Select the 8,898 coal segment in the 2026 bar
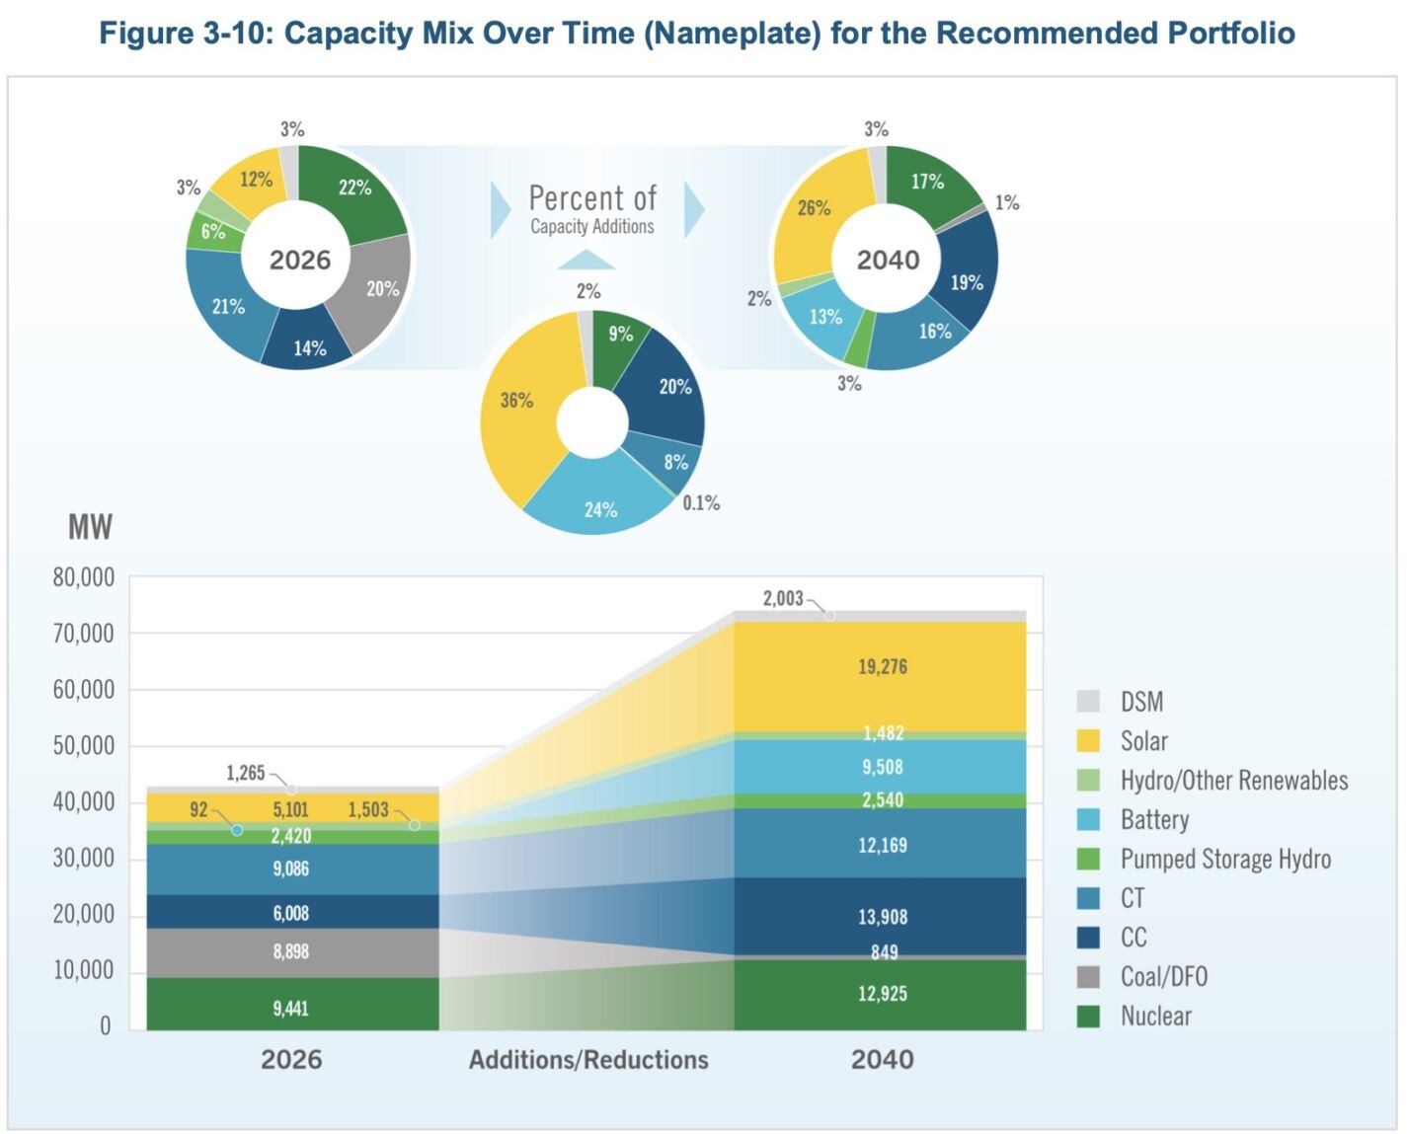pyautogui.click(x=291, y=951)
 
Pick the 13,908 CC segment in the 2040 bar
pyautogui.click(x=882, y=917)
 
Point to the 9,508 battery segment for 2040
pyautogui.click(x=882, y=767)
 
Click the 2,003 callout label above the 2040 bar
pyautogui.click(x=783, y=598)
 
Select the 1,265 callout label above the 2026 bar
pyautogui.click(x=246, y=773)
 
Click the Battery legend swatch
pyautogui.click(x=1088, y=819)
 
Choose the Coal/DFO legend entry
pyautogui.click(x=1163, y=976)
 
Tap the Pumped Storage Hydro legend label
pyautogui.click(x=1224, y=859)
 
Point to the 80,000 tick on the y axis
pyautogui.click(x=84, y=577)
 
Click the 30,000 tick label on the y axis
pyautogui.click(x=84, y=858)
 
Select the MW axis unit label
pyautogui.click(x=90, y=527)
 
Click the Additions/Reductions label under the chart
pyautogui.click(x=588, y=1059)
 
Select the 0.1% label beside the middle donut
pyautogui.click(x=701, y=503)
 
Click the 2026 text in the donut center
pyautogui.click(x=300, y=260)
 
